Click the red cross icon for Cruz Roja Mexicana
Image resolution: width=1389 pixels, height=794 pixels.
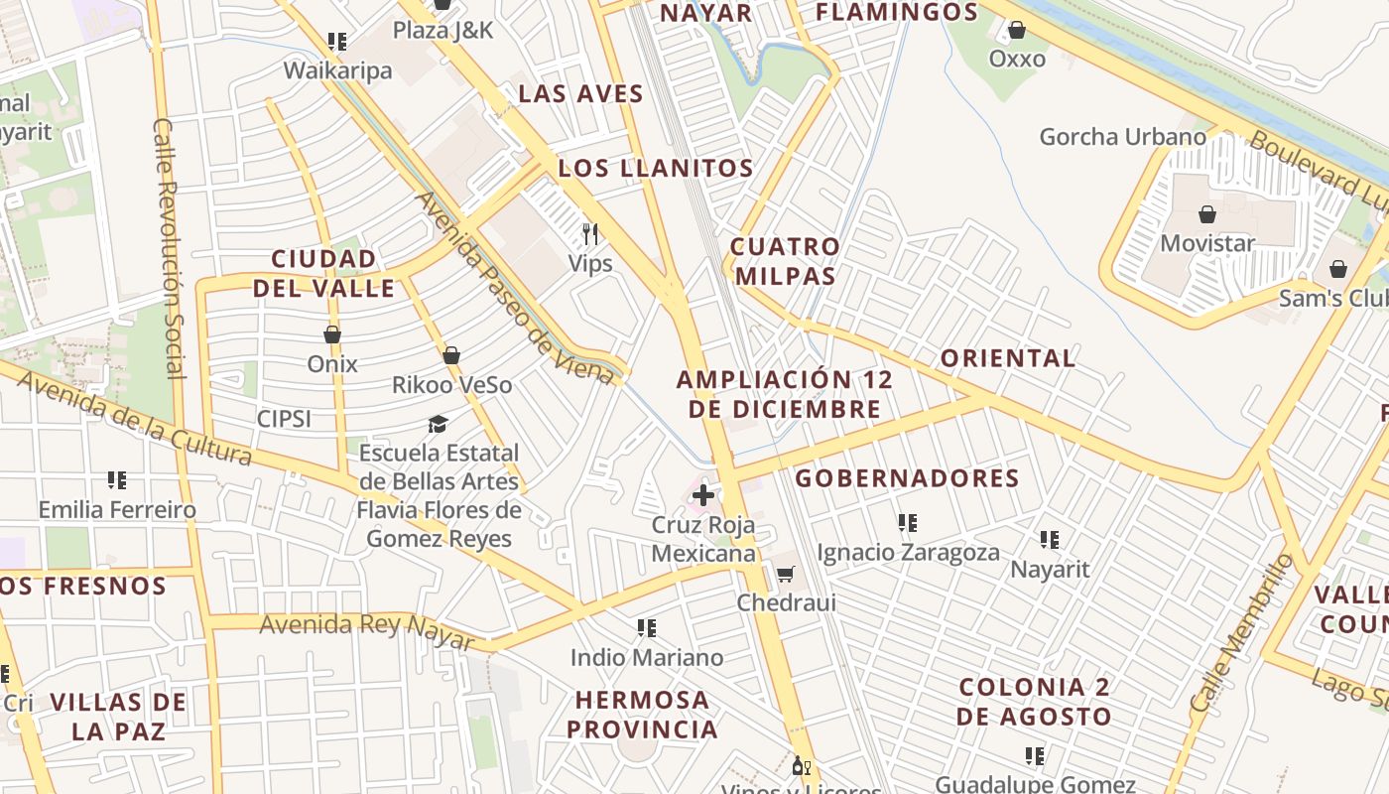pos(703,494)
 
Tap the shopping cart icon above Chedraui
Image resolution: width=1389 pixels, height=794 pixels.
pos(786,573)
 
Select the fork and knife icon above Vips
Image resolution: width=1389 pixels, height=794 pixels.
pos(590,234)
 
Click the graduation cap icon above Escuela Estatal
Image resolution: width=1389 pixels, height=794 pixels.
pos(438,424)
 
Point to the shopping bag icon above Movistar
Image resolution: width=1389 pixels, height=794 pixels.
pos(1207,214)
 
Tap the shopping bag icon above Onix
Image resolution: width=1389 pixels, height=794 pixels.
pos(332,334)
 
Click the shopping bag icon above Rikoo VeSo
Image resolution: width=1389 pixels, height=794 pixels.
pos(451,355)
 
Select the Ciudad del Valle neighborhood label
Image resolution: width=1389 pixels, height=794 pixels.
pos(324,274)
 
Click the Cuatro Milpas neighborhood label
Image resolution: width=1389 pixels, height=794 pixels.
pos(785,261)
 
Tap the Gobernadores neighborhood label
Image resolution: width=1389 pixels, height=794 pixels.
pos(907,478)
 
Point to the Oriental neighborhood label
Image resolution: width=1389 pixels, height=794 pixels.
pos(1008,358)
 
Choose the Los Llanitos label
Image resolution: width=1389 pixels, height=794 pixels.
pos(656,168)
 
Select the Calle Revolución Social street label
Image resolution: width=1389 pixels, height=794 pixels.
pos(170,248)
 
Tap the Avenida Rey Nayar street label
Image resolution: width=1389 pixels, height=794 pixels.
pos(367,629)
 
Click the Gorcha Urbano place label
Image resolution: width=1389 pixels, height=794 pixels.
pos(1122,137)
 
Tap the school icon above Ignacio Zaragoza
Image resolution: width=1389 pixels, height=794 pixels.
pos(907,522)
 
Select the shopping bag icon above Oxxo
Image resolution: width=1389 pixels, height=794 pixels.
pos(1017,30)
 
